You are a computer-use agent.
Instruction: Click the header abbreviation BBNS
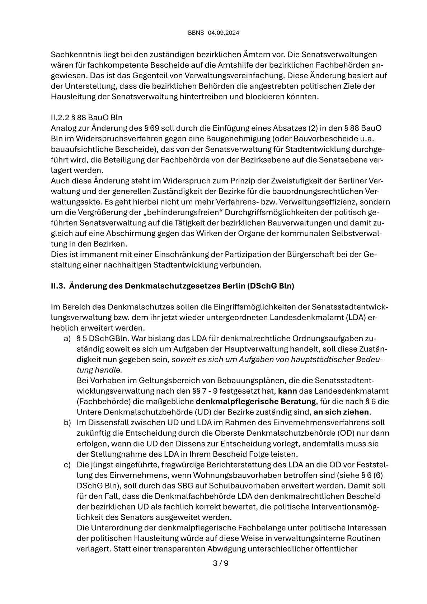coord(196,33)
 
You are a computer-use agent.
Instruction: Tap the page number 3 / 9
coord(221,563)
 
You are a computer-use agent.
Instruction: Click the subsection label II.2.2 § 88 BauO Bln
coord(86,118)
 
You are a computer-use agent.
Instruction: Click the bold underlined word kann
coord(287,391)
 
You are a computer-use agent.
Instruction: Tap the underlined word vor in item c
coord(349,465)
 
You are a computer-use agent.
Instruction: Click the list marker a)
coord(67,338)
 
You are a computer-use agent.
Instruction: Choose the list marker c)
coord(67,465)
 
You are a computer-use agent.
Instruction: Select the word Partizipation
coord(248,254)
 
